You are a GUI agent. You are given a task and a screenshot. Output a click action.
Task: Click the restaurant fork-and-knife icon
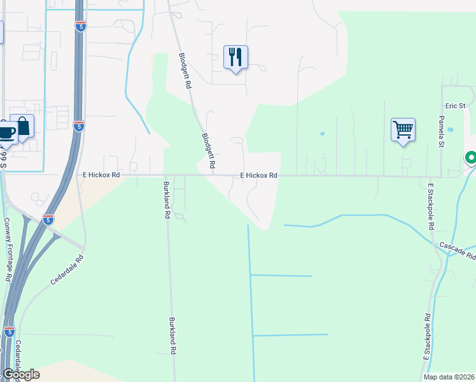(235, 57)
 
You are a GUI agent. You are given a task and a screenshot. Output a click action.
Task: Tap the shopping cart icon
(403, 130)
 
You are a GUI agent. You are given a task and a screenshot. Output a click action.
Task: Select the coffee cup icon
(6, 132)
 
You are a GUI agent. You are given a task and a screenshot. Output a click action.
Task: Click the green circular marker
(471, 157)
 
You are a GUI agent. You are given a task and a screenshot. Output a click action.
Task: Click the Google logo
(21, 374)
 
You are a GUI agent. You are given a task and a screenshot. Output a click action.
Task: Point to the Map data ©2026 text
(448, 377)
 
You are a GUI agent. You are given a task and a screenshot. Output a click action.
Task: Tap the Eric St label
(456, 105)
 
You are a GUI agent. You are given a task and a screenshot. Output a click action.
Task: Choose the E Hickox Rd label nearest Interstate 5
(101, 174)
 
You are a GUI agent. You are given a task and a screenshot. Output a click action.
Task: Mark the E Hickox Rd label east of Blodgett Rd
(258, 175)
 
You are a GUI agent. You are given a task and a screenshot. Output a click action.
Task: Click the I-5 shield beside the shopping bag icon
(78, 125)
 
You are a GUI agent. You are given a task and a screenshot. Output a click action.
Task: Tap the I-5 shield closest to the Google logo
(9, 332)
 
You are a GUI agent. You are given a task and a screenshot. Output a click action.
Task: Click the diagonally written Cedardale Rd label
(66, 269)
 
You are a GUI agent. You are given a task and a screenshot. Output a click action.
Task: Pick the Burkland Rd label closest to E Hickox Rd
(165, 201)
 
